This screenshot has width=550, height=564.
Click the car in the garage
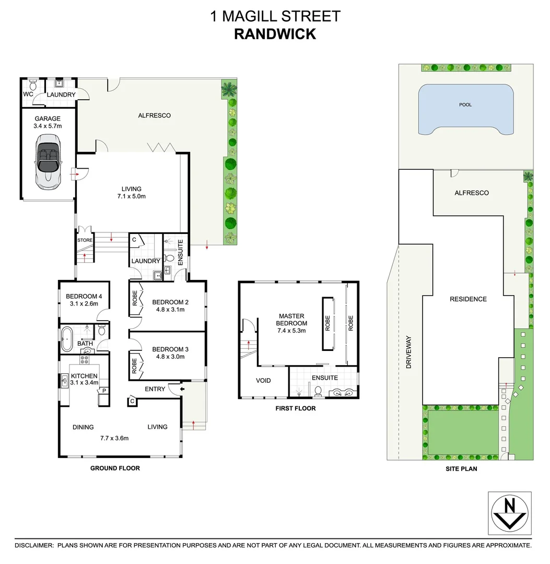pyautogui.click(x=48, y=161)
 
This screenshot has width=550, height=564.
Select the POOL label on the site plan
pyautogui.click(x=465, y=105)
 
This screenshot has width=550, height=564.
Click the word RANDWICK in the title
pyautogui.click(x=275, y=34)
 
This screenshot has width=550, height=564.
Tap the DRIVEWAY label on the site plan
pyautogui.click(x=409, y=352)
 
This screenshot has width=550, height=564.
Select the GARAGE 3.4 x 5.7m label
pyautogui.click(x=48, y=122)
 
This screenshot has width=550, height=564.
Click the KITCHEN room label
pyautogui.click(x=84, y=376)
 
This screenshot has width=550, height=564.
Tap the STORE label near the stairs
pyautogui.click(x=85, y=241)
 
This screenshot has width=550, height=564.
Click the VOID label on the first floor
pyautogui.click(x=264, y=381)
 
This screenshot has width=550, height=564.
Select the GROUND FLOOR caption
pyautogui.click(x=115, y=468)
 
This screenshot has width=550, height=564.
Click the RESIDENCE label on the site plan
pyautogui.click(x=469, y=299)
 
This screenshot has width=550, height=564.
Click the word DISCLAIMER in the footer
pyautogui.click(x=34, y=545)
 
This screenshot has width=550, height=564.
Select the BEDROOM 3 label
pyautogui.click(x=168, y=350)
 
